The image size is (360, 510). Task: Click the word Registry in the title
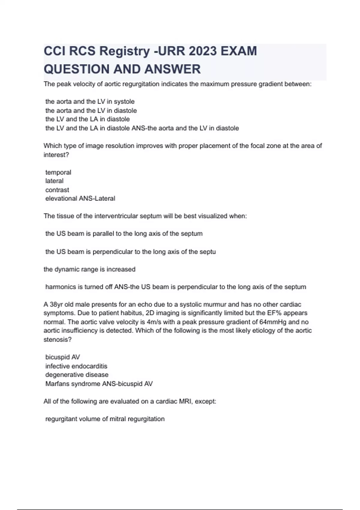coord(124,51)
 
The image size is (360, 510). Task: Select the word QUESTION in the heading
coord(76,69)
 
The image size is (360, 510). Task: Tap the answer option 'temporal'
coord(58,172)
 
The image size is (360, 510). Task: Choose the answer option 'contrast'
coord(57,190)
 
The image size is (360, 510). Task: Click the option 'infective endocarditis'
coord(76,366)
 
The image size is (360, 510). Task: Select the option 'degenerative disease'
coord(77,375)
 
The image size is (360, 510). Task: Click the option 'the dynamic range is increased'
coord(89,269)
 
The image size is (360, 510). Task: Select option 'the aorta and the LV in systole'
coord(90,101)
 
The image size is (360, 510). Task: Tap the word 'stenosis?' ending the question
coord(58,340)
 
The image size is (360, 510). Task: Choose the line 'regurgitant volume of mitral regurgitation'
coord(105,419)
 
